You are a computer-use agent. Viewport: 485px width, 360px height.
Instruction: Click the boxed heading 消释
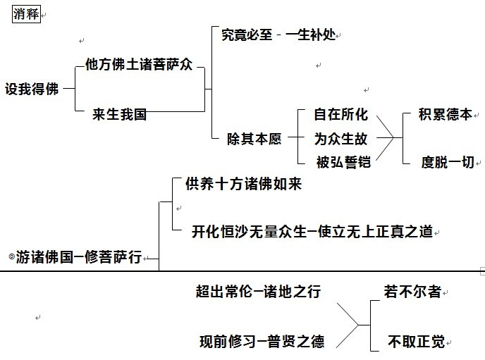26,13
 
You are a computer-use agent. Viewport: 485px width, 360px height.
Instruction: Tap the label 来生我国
119,114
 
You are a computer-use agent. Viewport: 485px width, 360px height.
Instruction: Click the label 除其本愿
255,139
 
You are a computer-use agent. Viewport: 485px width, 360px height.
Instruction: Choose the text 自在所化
341,115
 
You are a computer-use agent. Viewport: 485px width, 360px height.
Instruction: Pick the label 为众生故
341,139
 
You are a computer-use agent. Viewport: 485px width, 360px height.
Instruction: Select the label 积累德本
445,115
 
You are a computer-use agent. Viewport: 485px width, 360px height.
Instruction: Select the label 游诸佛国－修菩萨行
80,259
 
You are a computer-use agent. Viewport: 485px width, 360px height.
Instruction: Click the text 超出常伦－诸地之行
258,291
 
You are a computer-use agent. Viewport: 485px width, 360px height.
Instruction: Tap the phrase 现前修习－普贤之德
262,342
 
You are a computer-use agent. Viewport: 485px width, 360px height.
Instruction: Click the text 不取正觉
416,342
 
